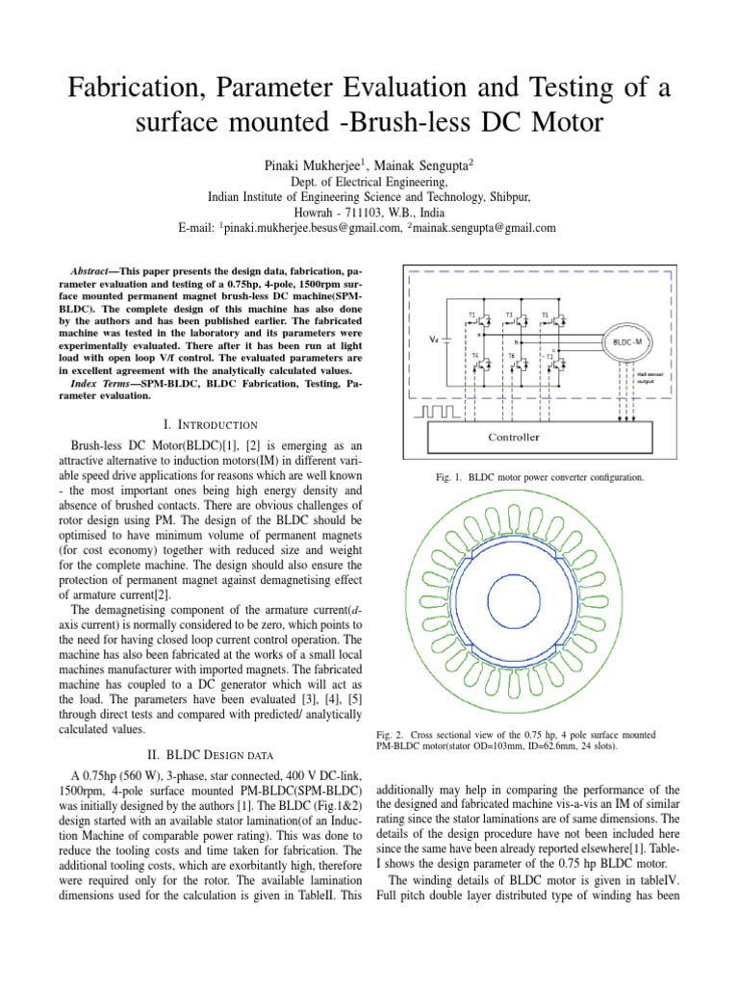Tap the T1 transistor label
471,316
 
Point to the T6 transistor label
509,355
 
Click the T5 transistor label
545,316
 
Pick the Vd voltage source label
435,339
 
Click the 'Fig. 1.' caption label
450,477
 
